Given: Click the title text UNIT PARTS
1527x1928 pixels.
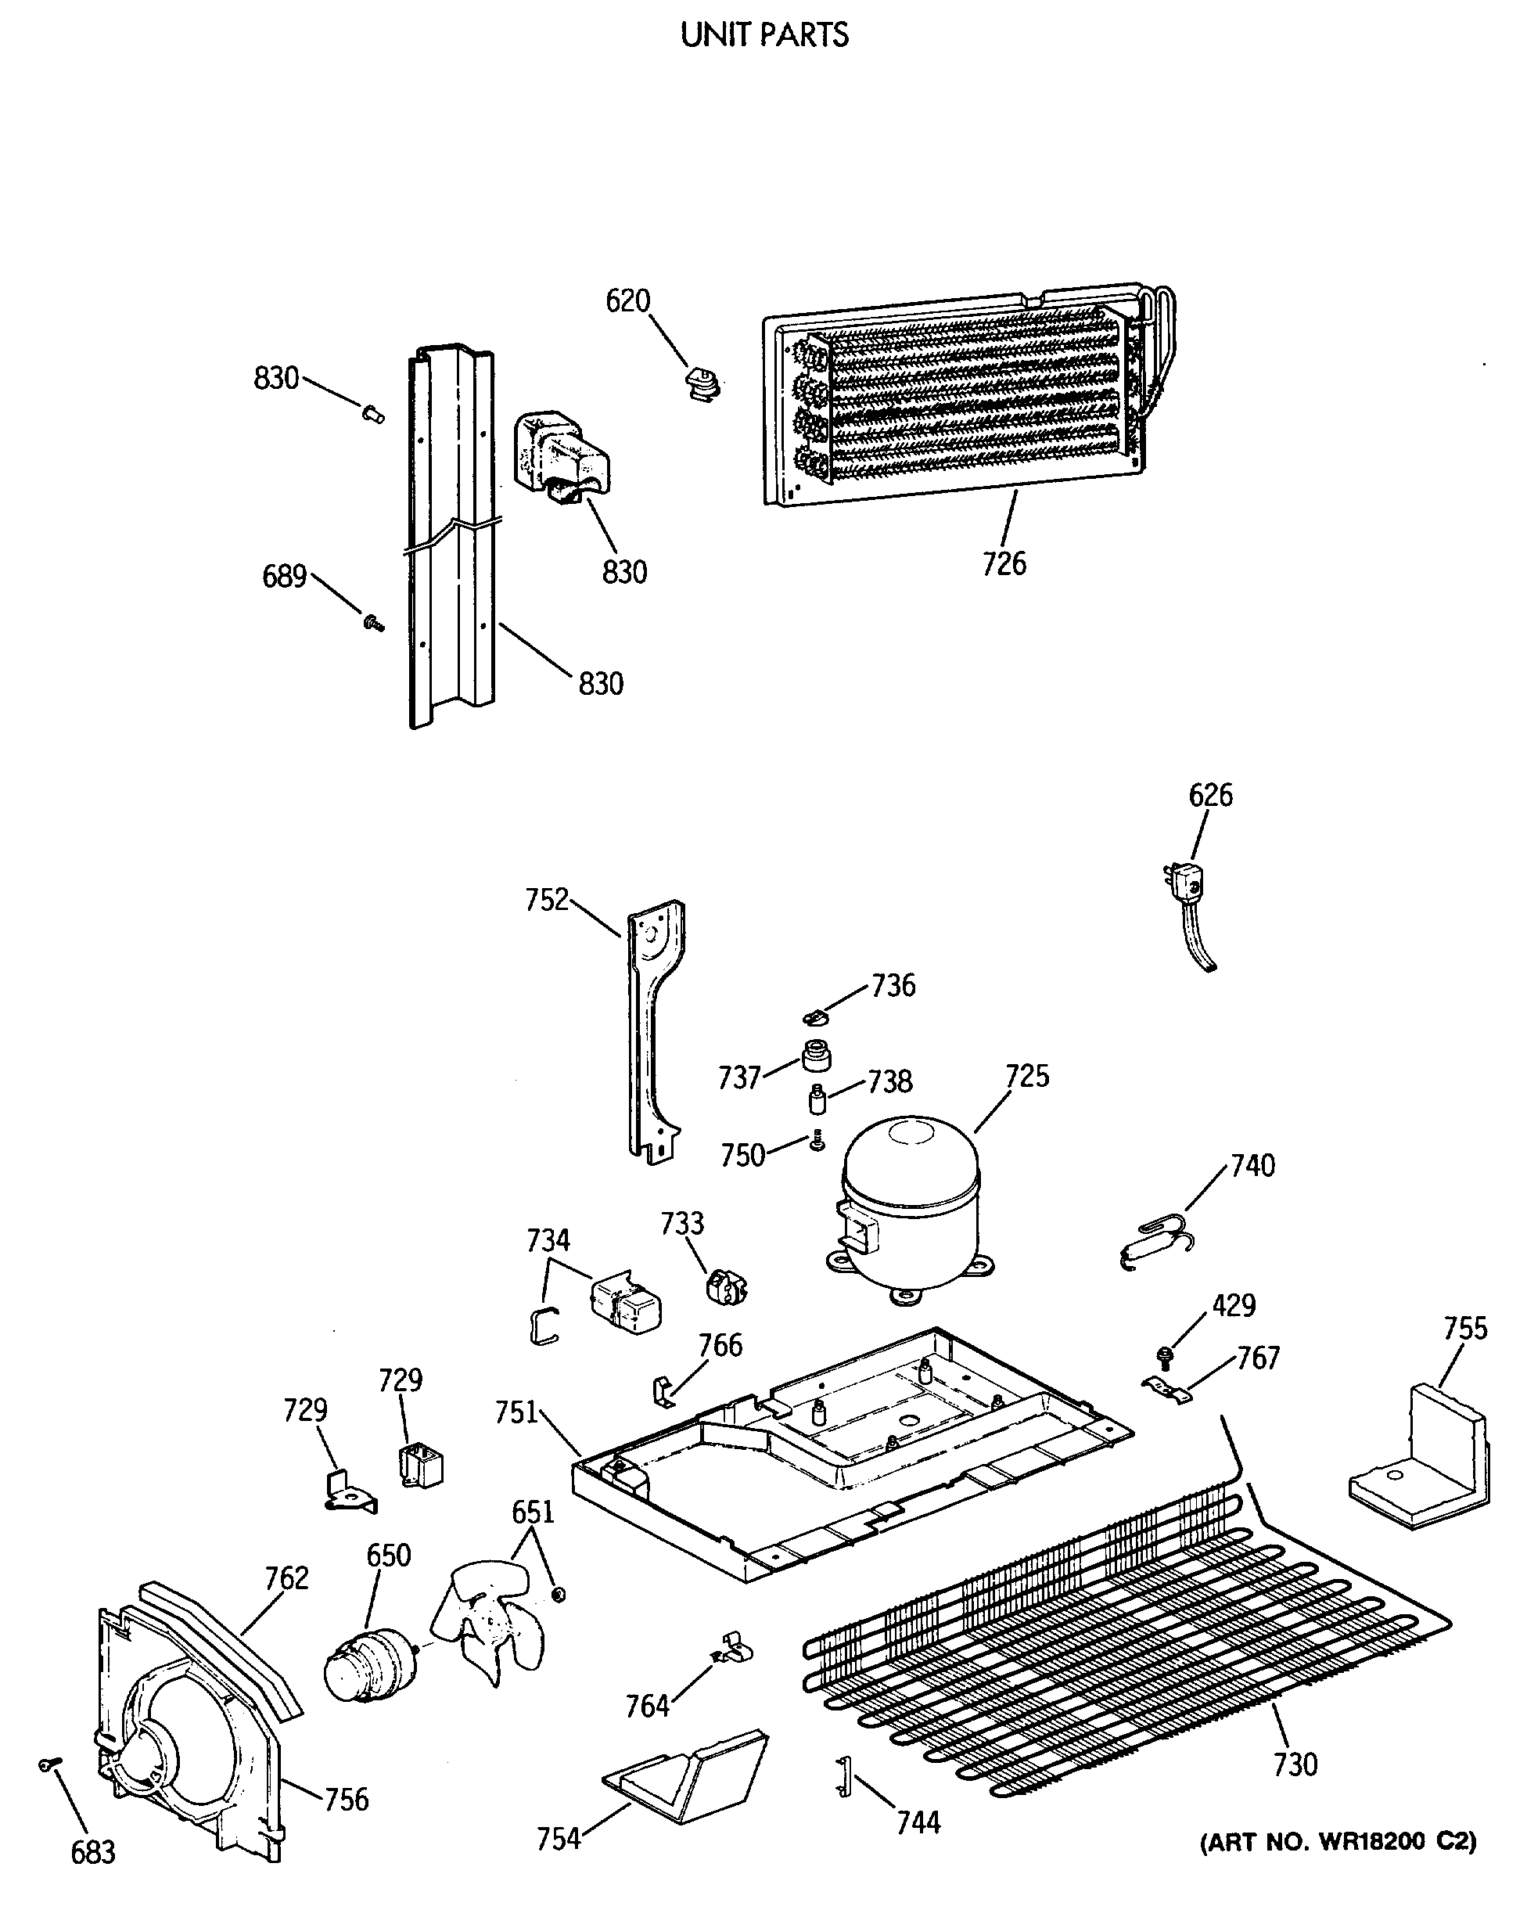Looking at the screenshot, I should tap(764, 35).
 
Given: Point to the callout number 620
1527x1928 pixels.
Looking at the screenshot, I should tap(627, 301).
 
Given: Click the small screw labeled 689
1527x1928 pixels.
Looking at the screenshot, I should tap(373, 622).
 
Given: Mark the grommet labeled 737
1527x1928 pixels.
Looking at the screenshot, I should tap(814, 1057).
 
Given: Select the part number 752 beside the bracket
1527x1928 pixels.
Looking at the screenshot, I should tap(547, 900).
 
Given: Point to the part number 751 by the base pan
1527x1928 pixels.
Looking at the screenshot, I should tap(517, 1413).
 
